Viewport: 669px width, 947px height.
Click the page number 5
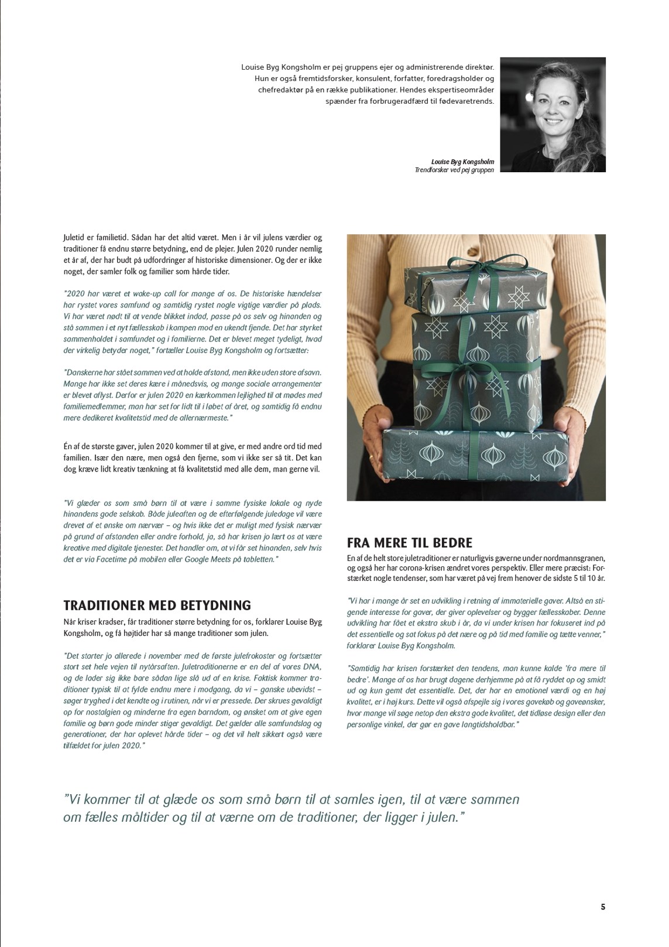pos(603,907)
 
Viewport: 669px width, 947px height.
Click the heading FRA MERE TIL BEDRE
pos(410,543)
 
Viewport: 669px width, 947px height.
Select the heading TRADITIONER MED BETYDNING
pos(157,606)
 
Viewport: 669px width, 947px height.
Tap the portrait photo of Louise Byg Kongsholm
pos(553,115)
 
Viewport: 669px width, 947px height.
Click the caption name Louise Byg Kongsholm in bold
pos(462,162)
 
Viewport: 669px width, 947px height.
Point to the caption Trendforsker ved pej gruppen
pos(454,170)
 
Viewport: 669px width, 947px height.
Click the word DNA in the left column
pos(310,667)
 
